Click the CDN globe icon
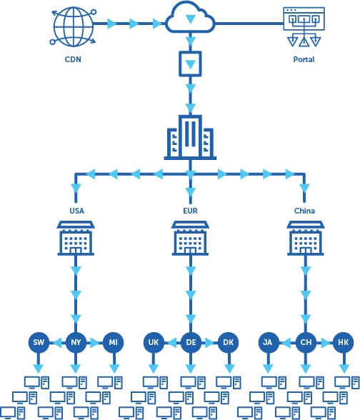[x=71, y=26]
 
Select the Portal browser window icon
[x=304, y=27]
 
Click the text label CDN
[x=71, y=60]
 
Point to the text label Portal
[x=304, y=60]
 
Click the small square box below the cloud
[x=189, y=66]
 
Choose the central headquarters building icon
[x=189, y=136]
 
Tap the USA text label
[x=76, y=211]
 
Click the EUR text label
[x=190, y=211]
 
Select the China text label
[x=305, y=211]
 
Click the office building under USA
[x=76, y=238]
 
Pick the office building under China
[x=305, y=238]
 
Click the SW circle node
[x=39, y=343]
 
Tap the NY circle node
[x=76, y=343]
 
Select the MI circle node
[x=113, y=343]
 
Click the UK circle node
[x=154, y=343]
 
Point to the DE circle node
[x=190, y=343]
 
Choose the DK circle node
[x=227, y=343]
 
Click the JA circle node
[x=268, y=343]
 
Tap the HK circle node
[x=341, y=343]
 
